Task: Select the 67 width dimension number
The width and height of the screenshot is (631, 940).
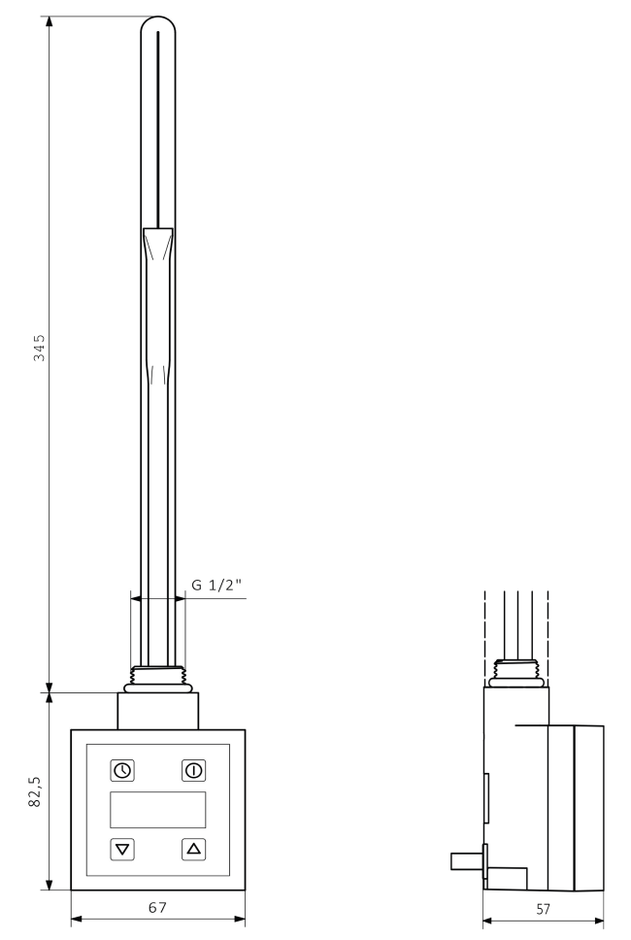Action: pyautogui.click(x=157, y=907)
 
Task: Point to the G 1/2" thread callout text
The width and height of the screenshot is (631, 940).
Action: pyautogui.click(x=219, y=586)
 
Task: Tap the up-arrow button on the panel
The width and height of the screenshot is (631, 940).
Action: pyautogui.click(x=193, y=849)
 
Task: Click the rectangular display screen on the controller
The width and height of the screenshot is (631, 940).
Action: pyautogui.click(x=157, y=810)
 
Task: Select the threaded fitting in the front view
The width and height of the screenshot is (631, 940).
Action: pyautogui.click(x=157, y=676)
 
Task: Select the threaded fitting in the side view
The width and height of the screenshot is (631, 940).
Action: pyautogui.click(x=515, y=671)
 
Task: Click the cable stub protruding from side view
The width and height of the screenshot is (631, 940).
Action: pyautogui.click(x=466, y=859)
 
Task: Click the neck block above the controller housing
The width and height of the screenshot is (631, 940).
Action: pyautogui.click(x=157, y=710)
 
